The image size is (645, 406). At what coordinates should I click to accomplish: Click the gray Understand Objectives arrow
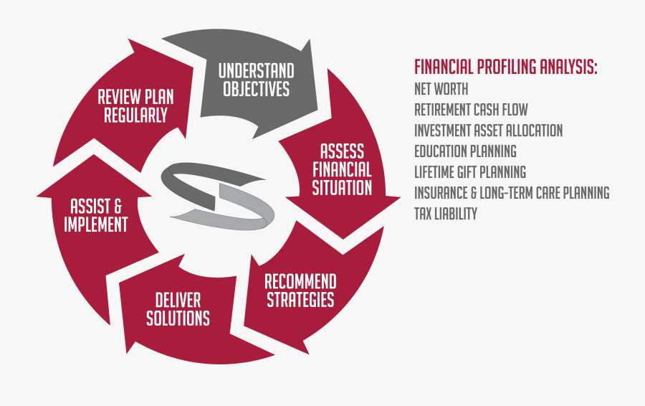coord(255,82)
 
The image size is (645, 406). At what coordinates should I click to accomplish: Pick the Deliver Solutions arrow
coord(181,313)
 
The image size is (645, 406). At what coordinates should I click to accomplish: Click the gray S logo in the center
coord(218,197)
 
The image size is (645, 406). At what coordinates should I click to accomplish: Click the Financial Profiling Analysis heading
coord(505,67)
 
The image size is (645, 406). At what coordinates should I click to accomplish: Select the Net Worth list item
coord(441,89)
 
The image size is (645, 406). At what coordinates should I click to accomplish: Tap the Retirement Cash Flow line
coord(471,110)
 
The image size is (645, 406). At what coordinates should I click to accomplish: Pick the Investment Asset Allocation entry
coord(488,130)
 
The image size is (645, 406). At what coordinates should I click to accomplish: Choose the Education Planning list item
coord(465,151)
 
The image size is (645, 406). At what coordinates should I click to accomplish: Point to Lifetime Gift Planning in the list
coord(470,171)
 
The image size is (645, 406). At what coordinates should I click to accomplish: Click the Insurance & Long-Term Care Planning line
coord(512,193)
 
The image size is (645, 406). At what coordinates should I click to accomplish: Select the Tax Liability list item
coord(446,213)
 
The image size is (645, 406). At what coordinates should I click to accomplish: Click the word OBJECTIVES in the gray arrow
coord(257,89)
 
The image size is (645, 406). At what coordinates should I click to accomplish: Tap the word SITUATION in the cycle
coord(342,188)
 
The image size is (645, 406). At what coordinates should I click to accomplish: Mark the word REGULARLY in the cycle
coord(135,115)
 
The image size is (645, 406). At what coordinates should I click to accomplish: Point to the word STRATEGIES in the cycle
coord(300,299)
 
